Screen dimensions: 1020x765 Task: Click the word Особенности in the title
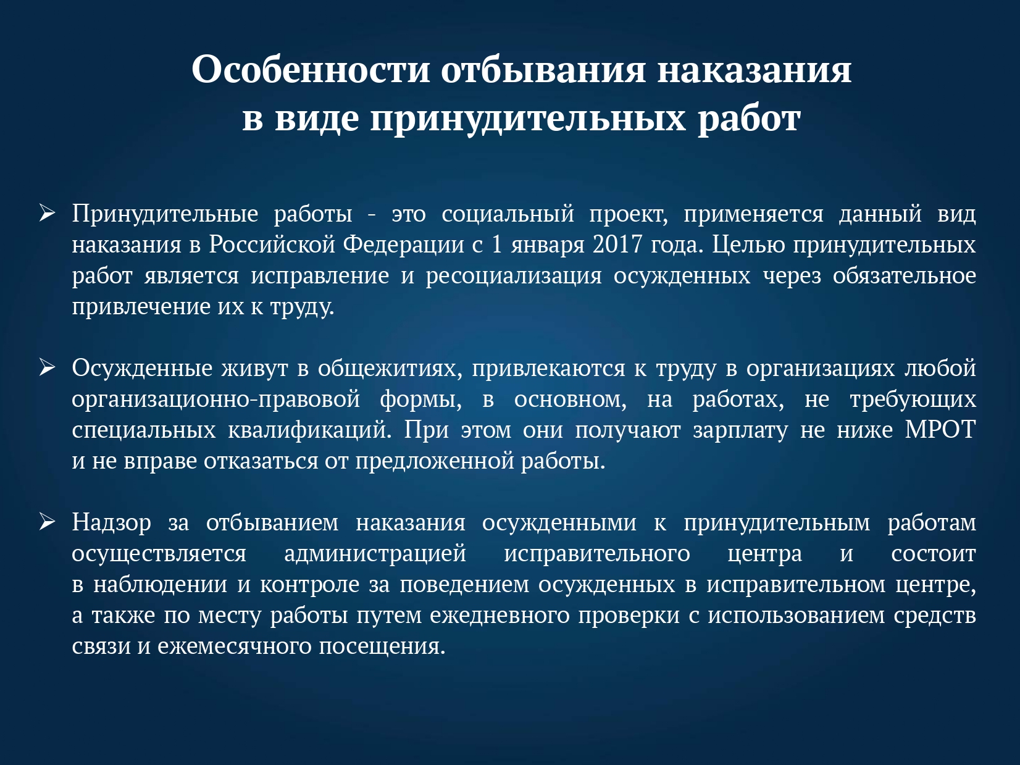click(311, 69)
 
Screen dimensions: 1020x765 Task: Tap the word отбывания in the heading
click(543, 69)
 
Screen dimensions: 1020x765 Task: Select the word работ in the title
click(749, 119)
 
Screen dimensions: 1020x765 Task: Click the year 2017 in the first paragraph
click(617, 245)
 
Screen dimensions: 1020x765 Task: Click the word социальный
click(508, 214)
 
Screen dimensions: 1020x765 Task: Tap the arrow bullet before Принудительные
click(48, 213)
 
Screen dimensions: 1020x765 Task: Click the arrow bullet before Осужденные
click(48, 367)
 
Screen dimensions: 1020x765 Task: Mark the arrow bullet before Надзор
click(48, 522)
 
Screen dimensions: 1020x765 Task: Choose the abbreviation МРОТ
click(940, 430)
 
